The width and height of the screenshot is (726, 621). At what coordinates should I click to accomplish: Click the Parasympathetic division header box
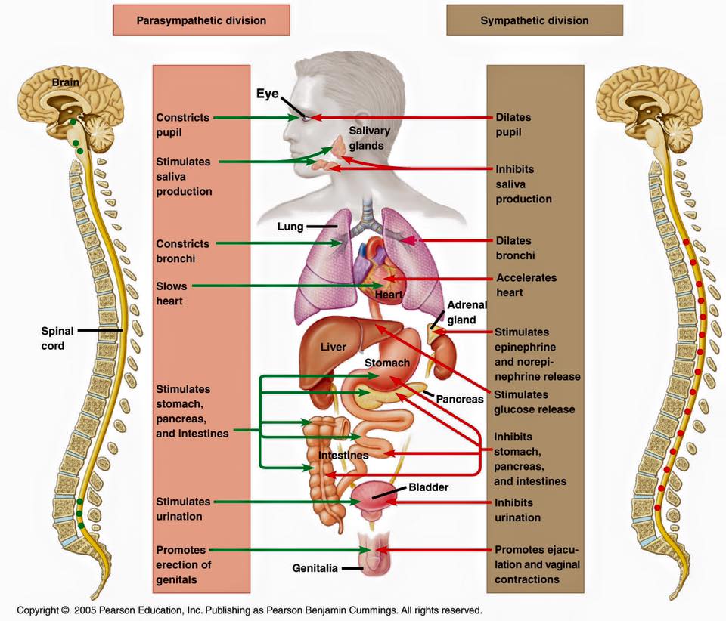(201, 20)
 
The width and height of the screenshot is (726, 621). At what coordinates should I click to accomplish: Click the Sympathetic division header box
(535, 20)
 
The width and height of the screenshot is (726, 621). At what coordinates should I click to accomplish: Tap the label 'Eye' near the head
(268, 94)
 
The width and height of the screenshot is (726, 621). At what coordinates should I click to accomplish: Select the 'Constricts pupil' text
(182, 125)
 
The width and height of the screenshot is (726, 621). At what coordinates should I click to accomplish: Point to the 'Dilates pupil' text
(513, 125)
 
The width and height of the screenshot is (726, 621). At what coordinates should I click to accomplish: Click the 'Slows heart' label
(172, 294)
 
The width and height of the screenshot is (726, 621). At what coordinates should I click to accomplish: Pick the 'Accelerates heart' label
(526, 285)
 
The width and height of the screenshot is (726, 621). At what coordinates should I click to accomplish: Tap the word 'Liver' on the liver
(333, 347)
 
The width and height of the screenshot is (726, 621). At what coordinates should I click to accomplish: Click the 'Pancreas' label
(459, 399)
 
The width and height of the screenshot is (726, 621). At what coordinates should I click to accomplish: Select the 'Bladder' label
(428, 487)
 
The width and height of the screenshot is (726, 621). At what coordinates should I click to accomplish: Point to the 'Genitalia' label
(315, 568)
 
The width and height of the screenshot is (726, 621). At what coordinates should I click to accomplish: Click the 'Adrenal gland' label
(467, 312)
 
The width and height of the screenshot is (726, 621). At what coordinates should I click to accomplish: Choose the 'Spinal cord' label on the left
(57, 338)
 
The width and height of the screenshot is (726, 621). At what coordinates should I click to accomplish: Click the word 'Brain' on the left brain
(65, 82)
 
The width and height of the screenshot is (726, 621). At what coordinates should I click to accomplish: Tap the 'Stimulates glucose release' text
(535, 402)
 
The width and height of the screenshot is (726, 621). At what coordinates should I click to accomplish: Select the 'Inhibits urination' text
(517, 510)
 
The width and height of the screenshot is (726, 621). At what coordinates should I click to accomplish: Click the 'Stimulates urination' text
(183, 508)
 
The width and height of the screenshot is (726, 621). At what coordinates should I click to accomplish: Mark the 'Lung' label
(290, 227)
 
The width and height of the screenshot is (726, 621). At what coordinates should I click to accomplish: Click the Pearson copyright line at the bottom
(250, 610)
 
